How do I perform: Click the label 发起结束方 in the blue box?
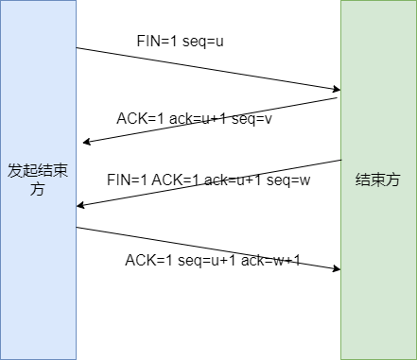coord(38,179)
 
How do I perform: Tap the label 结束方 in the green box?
coord(377,180)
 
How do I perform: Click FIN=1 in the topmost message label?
coord(155,42)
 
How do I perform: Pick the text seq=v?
coord(252,119)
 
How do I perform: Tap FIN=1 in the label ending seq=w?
coord(125,180)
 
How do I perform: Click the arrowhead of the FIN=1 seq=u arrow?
coord(336,90)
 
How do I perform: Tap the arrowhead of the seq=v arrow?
coord(86,143)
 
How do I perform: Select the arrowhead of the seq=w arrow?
coord(80,205)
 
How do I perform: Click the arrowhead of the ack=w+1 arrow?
coord(336,269)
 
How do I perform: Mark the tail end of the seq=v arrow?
coord(339,98)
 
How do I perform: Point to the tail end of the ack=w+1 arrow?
coord(78,227)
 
